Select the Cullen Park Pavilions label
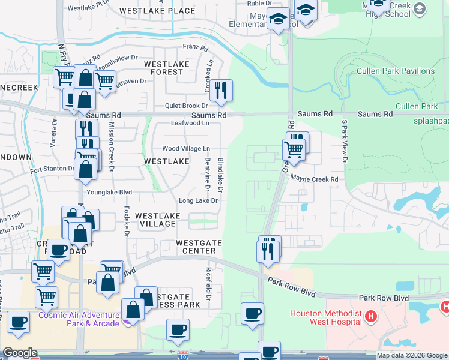click(x=396, y=71)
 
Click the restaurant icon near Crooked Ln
click(x=221, y=90)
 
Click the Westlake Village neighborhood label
click(x=155, y=220)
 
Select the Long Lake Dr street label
click(x=197, y=200)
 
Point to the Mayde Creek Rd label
click(x=315, y=179)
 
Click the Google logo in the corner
click(x=20, y=353)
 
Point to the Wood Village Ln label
click(x=186, y=148)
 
